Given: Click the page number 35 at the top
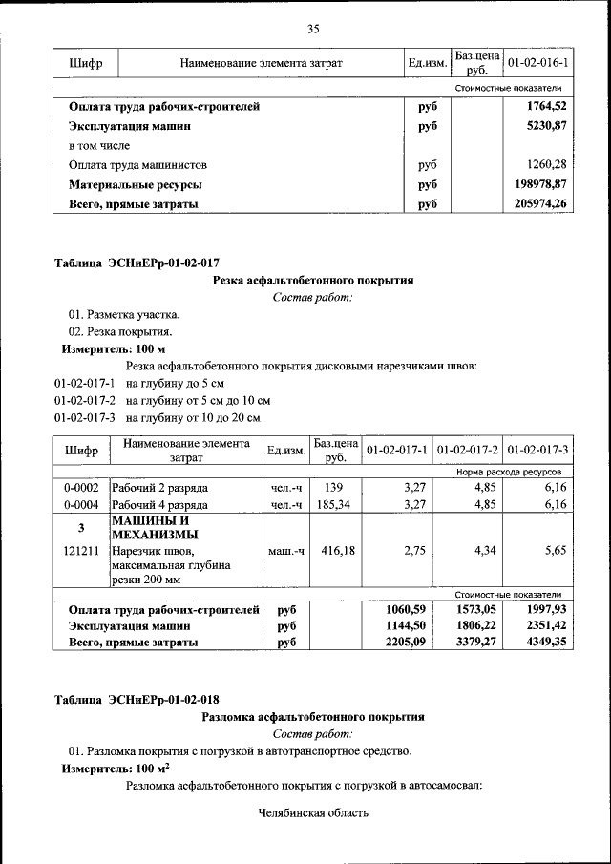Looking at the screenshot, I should [x=312, y=28].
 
